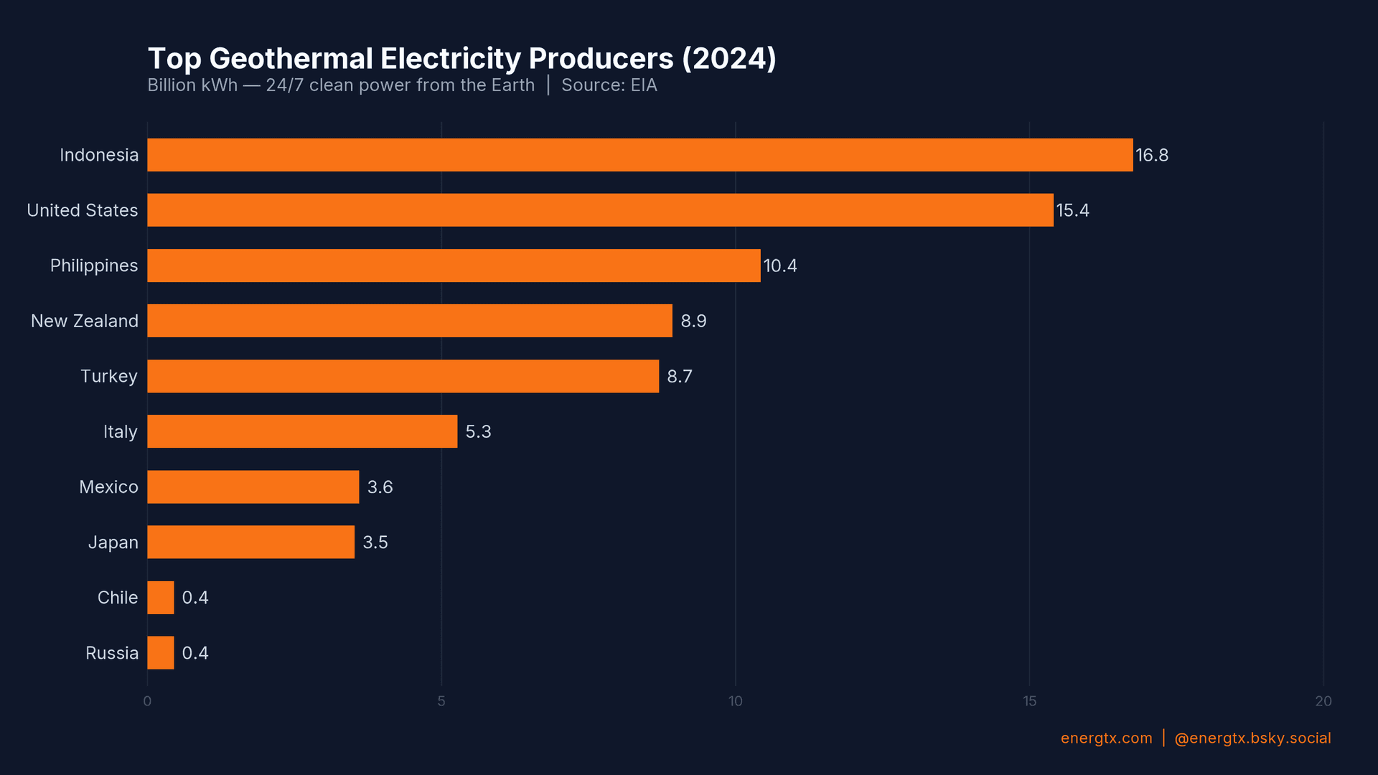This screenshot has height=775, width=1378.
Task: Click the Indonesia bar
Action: point(639,155)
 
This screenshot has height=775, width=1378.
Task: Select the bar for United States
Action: point(600,210)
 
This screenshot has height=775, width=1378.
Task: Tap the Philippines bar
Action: point(454,266)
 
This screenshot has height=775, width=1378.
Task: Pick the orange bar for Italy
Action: point(302,431)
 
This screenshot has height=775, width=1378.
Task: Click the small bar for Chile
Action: point(161,598)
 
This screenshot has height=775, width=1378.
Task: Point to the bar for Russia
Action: point(161,653)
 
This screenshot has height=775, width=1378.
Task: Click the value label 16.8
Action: point(1151,155)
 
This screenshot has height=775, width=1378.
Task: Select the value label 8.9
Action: point(693,321)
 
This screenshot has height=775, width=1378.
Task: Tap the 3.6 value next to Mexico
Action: point(380,487)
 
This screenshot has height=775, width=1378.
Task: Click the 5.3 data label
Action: point(478,431)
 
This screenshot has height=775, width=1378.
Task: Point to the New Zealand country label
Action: point(85,321)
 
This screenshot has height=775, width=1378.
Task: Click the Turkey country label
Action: point(108,376)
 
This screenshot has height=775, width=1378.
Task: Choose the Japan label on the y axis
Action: point(113,542)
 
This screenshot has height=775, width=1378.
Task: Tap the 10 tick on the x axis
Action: point(735,701)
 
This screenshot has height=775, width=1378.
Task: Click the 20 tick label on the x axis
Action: point(1323,701)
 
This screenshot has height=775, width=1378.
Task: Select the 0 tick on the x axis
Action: point(147,701)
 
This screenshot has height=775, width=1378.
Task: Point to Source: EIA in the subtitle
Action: point(609,85)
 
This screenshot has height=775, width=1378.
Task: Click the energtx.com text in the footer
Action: point(1106,738)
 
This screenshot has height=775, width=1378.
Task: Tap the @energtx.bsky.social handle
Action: point(1252,738)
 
